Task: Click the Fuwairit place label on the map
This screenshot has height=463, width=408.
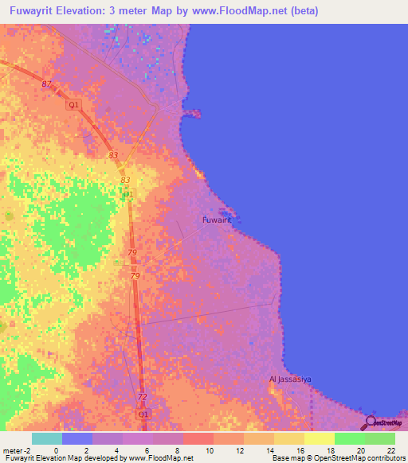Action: (x=221, y=219)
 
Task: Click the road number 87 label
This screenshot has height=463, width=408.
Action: (x=46, y=84)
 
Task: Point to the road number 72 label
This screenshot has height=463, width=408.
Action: (x=142, y=397)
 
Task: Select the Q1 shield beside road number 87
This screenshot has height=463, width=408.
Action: (x=73, y=104)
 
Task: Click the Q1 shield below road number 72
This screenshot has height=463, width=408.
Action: (x=143, y=414)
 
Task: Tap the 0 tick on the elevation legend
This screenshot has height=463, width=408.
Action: (x=56, y=450)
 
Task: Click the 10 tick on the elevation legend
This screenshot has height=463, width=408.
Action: (x=208, y=450)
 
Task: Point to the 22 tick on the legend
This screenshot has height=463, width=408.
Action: (x=390, y=450)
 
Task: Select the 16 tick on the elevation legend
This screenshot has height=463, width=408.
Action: (x=300, y=450)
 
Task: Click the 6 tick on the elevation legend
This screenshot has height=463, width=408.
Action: (x=147, y=450)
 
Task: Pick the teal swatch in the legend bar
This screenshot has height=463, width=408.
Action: (x=46, y=438)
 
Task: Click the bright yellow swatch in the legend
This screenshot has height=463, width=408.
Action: (x=319, y=438)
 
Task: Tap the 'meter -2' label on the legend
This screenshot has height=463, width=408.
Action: (x=15, y=450)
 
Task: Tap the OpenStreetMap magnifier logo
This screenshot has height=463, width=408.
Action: (x=370, y=422)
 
